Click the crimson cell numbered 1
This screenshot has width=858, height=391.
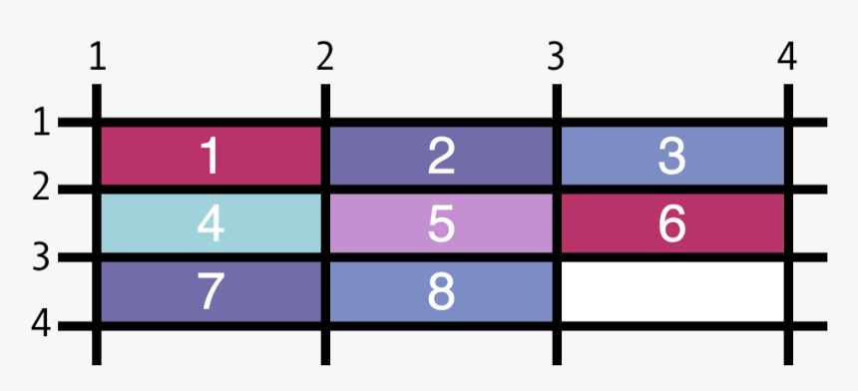coord(211,156)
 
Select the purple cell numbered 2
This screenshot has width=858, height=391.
coord(441,156)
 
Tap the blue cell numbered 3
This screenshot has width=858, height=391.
coord(672,156)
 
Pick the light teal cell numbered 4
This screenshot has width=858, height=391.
coord(211,223)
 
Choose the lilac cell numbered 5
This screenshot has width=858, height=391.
coord(441,223)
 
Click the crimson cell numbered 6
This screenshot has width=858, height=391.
coord(672,223)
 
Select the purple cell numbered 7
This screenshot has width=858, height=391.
coord(211,291)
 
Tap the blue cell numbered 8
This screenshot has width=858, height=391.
coord(441,291)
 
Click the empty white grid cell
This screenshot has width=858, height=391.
coord(672,291)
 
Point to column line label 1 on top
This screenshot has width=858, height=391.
coord(97,58)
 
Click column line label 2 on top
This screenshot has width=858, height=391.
coord(324,58)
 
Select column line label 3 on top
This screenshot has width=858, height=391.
coord(556,58)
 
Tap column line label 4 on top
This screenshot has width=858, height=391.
coord(787,58)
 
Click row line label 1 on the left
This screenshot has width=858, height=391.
coord(41,123)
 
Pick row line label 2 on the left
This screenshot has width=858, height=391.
coord(41,189)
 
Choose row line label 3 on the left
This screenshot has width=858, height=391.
coord(41,257)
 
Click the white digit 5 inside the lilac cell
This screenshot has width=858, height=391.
coord(441,224)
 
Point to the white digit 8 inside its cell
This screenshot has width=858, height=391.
coord(441,291)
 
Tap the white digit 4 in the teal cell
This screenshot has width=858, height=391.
coord(211,224)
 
